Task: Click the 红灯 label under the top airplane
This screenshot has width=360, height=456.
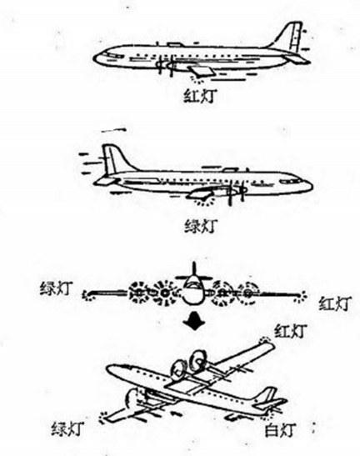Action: (x=201, y=96)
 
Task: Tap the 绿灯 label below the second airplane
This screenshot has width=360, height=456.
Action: (x=201, y=226)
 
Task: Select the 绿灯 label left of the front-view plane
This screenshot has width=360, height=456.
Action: (x=56, y=288)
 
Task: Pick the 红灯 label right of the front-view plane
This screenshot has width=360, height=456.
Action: (x=335, y=303)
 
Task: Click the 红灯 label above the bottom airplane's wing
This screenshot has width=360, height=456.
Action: (x=291, y=331)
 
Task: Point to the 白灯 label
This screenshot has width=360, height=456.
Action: (x=280, y=430)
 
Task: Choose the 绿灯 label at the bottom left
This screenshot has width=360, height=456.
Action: (x=68, y=428)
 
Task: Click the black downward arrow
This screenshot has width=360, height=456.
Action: (x=194, y=321)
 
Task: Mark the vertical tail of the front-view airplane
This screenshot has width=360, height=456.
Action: (x=194, y=269)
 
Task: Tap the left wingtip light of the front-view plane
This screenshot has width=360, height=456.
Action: (x=87, y=296)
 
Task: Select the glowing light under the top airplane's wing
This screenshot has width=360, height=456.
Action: (x=197, y=79)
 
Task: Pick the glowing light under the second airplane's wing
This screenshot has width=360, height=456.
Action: (x=204, y=201)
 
